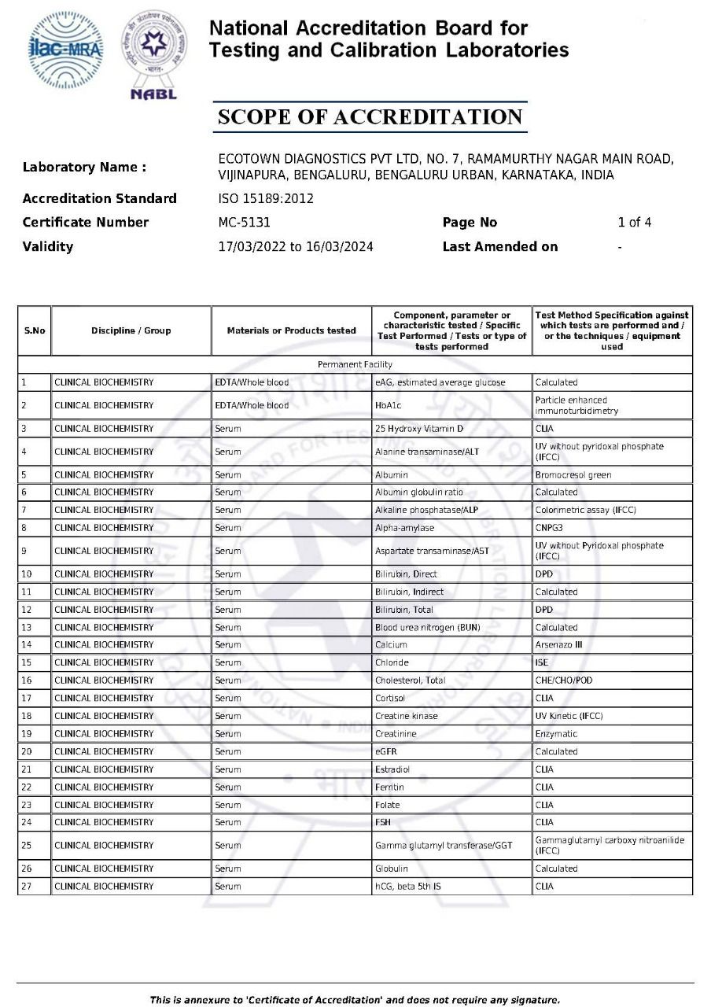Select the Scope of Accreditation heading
[370, 117]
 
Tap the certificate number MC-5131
[244, 222]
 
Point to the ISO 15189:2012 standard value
[265, 198]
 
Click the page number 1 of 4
[634, 222]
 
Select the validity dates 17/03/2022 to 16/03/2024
[295, 246]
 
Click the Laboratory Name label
[84, 167]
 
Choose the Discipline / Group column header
[131, 330]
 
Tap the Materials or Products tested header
[291, 330]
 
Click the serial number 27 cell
[34, 887]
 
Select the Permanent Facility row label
[355, 365]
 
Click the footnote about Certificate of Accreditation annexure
[355, 1000]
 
